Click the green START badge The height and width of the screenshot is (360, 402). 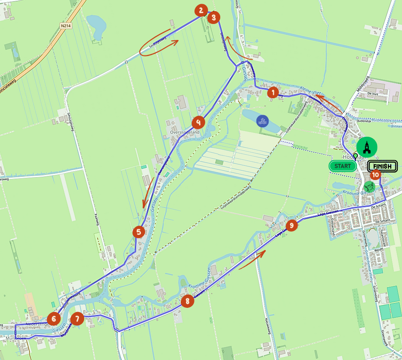coord(342,166)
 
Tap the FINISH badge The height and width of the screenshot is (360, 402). coord(382,166)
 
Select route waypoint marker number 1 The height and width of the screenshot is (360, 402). coord(272,93)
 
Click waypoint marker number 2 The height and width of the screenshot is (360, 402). coord(201,10)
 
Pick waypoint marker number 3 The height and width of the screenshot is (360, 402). coord(213,17)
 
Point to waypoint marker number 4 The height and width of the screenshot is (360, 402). coord(198,122)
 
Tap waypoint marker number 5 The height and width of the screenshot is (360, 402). coord(139,231)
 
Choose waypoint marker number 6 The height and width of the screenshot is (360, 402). coord(54,318)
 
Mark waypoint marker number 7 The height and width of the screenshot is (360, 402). coord(77,318)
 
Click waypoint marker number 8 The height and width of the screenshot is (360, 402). coord(187,301)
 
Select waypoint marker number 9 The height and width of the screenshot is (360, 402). coord(292,226)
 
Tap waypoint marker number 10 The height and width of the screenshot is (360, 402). coord(375,174)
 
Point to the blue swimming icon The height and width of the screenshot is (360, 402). coord(263,121)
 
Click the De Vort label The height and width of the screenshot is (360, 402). coord(372,94)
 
